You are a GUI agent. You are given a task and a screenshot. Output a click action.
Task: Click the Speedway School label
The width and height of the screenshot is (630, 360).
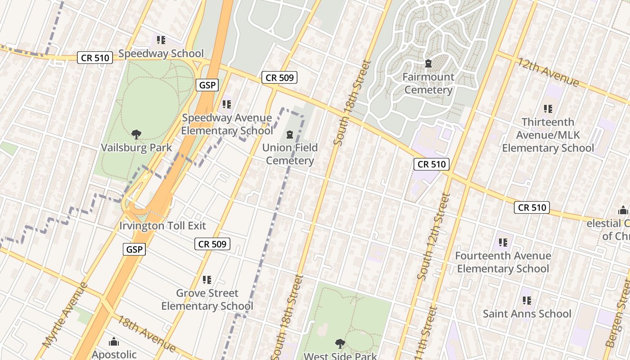coord(161,54)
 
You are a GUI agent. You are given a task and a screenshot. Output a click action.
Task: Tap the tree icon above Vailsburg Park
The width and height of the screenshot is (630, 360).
coord(136,134)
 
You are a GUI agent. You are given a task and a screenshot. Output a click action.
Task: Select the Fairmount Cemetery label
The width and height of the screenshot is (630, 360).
coord(428,83)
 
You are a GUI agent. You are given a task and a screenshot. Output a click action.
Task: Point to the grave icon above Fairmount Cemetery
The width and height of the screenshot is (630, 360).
coord(428,63)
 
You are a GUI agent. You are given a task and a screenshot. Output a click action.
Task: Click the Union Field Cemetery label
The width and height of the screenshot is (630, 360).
coord(290,154)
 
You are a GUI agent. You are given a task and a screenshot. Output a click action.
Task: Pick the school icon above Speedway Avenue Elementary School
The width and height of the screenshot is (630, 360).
coord(227,104)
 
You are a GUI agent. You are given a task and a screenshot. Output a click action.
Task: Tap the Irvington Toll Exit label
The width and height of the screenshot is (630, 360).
coord(162,225)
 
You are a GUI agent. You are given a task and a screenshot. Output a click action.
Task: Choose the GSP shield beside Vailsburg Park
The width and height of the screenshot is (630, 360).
coord(207,85)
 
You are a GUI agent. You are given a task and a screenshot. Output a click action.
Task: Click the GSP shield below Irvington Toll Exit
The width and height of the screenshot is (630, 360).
coord(134,249)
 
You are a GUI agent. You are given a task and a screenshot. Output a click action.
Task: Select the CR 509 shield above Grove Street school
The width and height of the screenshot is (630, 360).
coord(212,244)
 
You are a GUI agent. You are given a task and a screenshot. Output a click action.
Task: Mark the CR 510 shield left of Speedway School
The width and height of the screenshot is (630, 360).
coord(94,58)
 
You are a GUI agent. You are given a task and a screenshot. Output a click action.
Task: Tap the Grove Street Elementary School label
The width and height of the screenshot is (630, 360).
coord(207,300)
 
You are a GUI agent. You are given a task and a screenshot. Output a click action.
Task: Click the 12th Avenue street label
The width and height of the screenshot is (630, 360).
coord(548,72)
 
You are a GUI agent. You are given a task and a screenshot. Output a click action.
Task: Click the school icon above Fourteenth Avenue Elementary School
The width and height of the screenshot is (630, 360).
coord(503,243)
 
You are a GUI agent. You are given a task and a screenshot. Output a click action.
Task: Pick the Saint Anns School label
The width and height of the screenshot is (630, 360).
coord(527,314)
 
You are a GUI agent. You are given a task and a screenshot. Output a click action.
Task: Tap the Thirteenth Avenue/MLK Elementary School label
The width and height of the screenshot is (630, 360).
coord(548,135)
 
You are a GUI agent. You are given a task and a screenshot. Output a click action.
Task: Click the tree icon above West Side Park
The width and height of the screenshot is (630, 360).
coord(340,344)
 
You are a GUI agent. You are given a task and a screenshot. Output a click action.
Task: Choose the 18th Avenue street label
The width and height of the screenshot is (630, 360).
coord(147,333)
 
